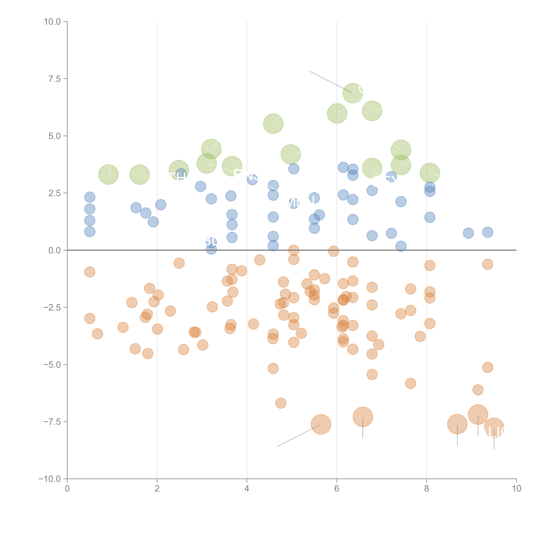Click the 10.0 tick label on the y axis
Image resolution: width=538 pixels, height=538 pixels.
point(52,22)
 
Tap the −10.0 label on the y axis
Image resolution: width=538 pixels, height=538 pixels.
point(50,479)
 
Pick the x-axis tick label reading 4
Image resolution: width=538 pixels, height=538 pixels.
point(247,489)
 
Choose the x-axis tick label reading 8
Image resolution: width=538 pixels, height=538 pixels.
point(427,489)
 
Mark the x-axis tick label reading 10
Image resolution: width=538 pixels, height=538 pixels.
point(516,489)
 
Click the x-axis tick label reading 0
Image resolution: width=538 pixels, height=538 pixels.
point(67,489)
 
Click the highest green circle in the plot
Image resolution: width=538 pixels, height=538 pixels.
point(353,93)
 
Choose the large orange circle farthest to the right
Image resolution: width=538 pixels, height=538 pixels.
point(494,427)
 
